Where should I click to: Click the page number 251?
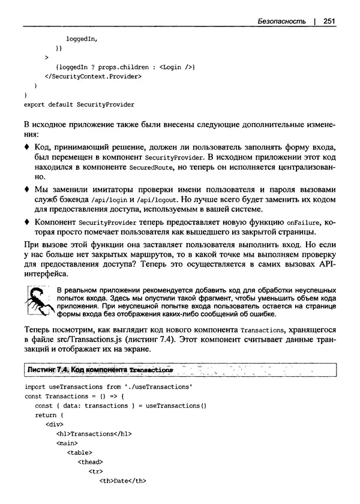pos(328,21)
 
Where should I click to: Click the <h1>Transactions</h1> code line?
pos(94,433)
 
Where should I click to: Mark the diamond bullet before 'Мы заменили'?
pos(26,188)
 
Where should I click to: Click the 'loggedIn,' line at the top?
pos(82,38)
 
